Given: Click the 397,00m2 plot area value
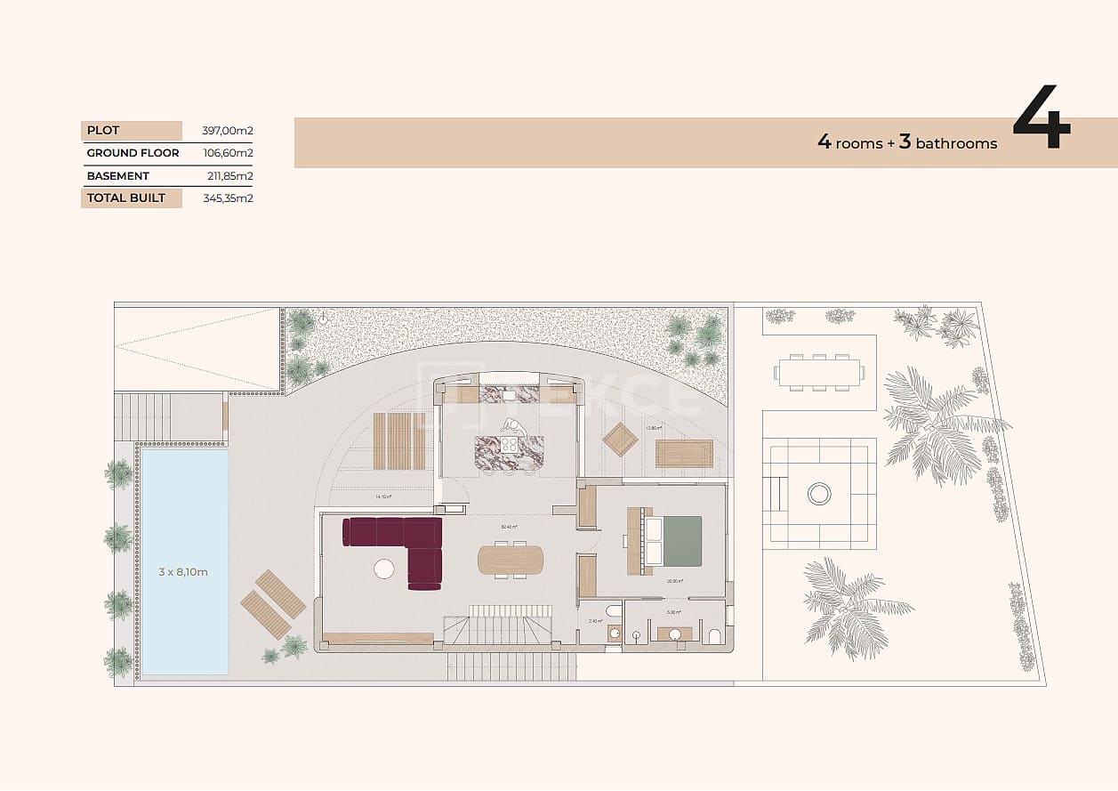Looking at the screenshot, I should point(227,131).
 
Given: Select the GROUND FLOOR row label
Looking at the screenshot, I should point(133,153).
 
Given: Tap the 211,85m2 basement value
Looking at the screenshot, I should point(229,176).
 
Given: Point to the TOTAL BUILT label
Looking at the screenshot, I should point(126,198).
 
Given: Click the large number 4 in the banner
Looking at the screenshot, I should point(1041,117).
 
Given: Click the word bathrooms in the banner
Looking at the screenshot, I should point(956,143).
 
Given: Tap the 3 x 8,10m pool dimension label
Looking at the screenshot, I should point(183,572).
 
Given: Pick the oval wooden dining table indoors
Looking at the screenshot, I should point(511,560).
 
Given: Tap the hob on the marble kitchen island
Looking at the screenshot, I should point(510,445).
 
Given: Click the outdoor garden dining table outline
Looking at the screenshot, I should point(818,372).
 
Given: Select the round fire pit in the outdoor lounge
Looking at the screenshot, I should point(819,493).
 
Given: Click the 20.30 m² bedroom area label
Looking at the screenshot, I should point(674,581).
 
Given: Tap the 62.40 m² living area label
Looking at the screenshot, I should point(510,527).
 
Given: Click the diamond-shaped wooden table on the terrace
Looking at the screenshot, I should point(620,439).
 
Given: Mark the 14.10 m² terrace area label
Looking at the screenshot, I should point(383,496).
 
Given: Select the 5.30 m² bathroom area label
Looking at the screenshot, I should point(673,612).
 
